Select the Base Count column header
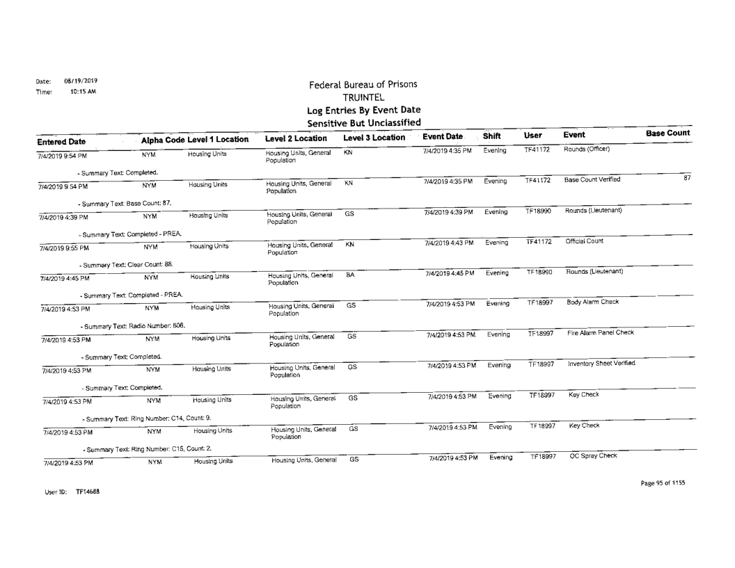point(667,133)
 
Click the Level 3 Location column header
point(374,138)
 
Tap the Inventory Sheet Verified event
point(602,364)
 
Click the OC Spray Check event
point(593,455)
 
